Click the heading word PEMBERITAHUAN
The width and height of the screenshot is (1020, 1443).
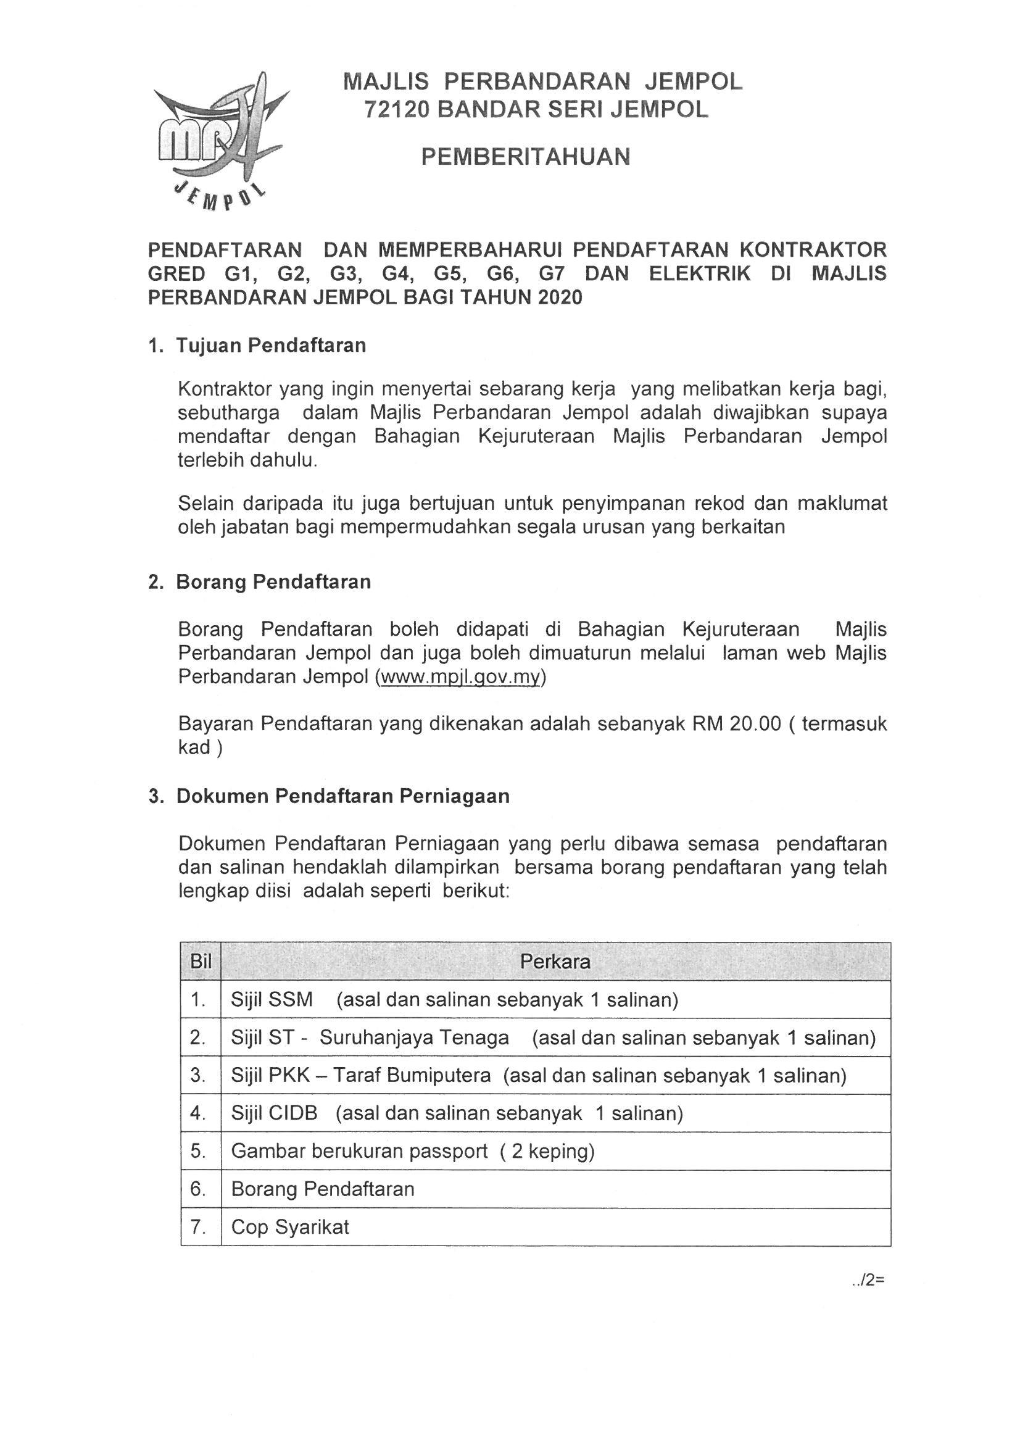click(x=525, y=157)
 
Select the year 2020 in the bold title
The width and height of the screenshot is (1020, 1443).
click(x=560, y=297)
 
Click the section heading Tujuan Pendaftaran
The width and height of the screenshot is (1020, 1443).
click(x=271, y=346)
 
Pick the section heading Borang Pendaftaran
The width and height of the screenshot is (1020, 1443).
click(x=273, y=582)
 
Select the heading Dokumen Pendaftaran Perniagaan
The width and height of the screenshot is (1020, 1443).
click(x=342, y=796)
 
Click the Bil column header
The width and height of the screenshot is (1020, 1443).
click(x=201, y=962)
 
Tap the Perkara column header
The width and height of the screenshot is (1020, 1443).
click(x=555, y=962)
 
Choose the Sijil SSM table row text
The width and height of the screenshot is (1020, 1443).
click(x=272, y=999)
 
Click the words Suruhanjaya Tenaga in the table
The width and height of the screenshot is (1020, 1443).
click(x=414, y=1037)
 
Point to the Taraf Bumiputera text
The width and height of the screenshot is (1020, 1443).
click(x=412, y=1075)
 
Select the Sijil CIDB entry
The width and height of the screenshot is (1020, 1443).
click(x=274, y=1113)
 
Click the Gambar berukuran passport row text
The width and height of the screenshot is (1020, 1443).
click(x=359, y=1150)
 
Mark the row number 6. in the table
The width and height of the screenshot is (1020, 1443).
click(x=199, y=1189)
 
